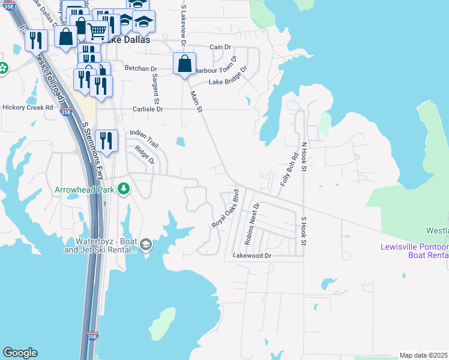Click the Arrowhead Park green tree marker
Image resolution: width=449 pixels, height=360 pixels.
click(x=124, y=189)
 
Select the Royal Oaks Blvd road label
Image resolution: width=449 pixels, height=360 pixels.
click(x=226, y=209)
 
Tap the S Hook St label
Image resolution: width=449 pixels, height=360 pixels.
click(x=304, y=231)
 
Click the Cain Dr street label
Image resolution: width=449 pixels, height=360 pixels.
click(x=220, y=47)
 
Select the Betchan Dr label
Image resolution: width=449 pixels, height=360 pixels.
click(x=140, y=68)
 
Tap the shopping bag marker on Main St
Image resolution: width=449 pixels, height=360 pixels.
click(x=185, y=63)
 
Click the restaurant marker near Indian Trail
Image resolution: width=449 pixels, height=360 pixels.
click(x=106, y=141)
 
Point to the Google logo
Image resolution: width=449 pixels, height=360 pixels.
click(x=20, y=353)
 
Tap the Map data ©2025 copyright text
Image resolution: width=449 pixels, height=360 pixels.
click(x=424, y=355)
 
